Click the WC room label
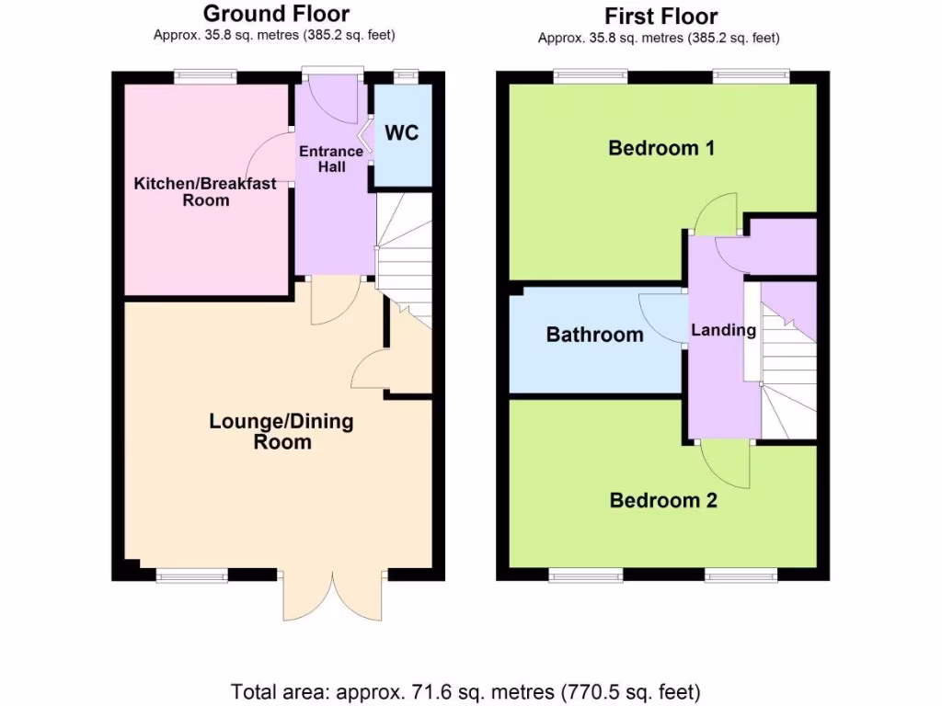pos(401,133)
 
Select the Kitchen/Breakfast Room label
pos(205,191)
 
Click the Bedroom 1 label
pos(661,148)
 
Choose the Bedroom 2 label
pos(663,500)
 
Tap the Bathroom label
pos(594,335)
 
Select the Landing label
pos(723,330)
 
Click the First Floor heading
pos(661,16)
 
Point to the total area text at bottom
pos(465,690)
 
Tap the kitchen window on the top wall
pos(205,77)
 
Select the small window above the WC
pos(404,77)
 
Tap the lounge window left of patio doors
pos(191,575)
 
